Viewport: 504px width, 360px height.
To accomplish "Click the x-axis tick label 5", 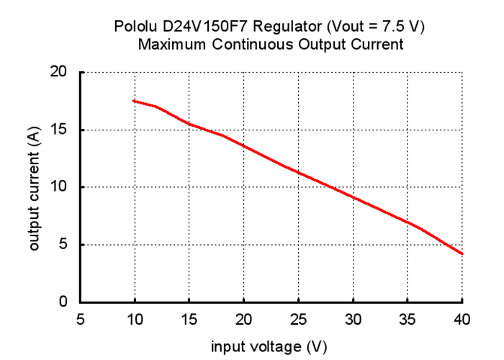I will pyautogui.click(x=80, y=319).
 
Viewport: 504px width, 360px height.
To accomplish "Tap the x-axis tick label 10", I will pyautogui.click(x=135, y=319).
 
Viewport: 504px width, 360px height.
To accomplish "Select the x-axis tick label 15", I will pyautogui.click(x=189, y=319).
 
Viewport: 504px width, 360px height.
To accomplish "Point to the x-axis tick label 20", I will pyautogui.click(x=244, y=319).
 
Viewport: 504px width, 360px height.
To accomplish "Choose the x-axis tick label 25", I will pyautogui.click(x=299, y=319).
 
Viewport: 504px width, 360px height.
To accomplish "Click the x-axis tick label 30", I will pyautogui.click(x=354, y=319).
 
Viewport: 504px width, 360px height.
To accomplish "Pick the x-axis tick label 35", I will pyautogui.click(x=408, y=319).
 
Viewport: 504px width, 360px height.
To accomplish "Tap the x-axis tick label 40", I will pyautogui.click(x=462, y=319).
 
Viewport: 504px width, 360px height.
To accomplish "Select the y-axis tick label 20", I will pyautogui.click(x=59, y=72).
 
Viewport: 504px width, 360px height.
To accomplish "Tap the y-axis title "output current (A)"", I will pyautogui.click(x=35, y=187).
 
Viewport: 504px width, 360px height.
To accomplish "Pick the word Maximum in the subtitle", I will pyautogui.click(x=171, y=45).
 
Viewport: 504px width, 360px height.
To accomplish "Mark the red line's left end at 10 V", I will pyautogui.click(x=134, y=101).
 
